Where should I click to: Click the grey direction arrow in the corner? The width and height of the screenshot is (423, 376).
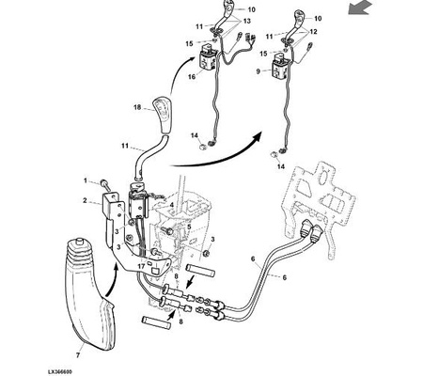[x=359, y=8]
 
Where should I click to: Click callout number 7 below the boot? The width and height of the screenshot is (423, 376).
[x=78, y=355]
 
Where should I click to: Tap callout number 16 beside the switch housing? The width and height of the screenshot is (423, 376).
[x=192, y=76]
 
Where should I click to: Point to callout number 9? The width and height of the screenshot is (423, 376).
[x=258, y=71]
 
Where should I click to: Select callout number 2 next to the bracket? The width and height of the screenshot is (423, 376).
[x=85, y=200]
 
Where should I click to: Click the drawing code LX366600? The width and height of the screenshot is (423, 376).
[x=60, y=371]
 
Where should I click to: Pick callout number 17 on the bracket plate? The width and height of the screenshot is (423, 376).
[x=141, y=267]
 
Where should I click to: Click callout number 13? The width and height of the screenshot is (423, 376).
[x=247, y=21]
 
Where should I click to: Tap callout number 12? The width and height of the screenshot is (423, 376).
[x=313, y=32]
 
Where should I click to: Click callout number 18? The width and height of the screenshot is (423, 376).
[x=137, y=107]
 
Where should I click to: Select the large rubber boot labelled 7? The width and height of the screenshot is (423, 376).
[x=88, y=294]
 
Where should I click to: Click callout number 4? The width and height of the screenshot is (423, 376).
[x=172, y=205]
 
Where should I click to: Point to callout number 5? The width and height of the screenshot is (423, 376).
[x=189, y=227]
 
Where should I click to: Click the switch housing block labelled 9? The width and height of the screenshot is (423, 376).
[x=279, y=68]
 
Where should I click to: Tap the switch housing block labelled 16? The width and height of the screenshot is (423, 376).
[x=207, y=58]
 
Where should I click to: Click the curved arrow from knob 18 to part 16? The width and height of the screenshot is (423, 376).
[x=177, y=71]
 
